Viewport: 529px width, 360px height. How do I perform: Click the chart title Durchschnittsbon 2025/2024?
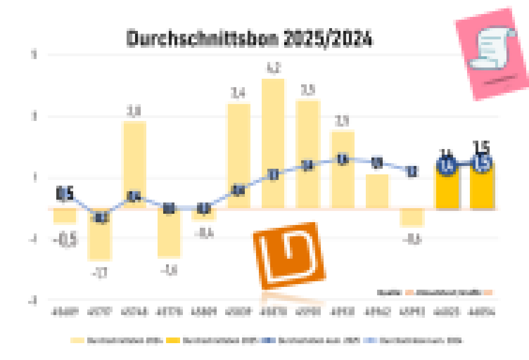click(249, 39)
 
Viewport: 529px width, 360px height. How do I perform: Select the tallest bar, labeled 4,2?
click(273, 143)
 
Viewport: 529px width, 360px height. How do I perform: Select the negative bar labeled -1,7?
click(100, 235)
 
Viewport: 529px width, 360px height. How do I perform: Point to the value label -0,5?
click(65, 240)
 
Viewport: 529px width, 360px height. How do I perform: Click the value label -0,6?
click(412, 240)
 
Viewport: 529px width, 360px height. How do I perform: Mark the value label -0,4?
click(204, 232)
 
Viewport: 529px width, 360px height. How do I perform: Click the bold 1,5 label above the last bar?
click(482, 147)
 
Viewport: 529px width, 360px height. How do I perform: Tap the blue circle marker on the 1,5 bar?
click(482, 164)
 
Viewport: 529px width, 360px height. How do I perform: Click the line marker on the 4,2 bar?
click(273, 175)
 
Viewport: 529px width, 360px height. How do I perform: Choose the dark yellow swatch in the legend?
click(176, 340)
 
